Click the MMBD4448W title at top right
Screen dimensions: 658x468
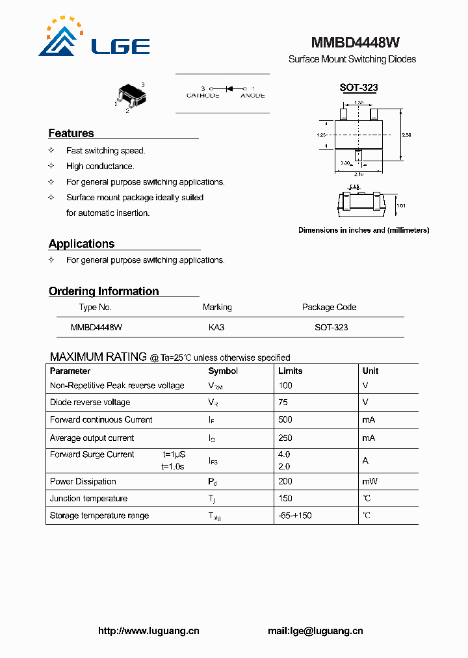(355, 43)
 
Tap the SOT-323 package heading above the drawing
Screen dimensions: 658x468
(359, 88)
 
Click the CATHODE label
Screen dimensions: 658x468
(203, 96)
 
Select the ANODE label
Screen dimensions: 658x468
(252, 96)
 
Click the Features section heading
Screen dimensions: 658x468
(71, 133)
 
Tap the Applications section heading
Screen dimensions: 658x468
(81, 244)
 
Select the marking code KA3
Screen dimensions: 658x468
(216, 328)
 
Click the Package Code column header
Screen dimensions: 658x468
(329, 307)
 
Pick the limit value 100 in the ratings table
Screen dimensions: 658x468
(285, 386)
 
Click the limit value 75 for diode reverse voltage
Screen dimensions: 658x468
(283, 402)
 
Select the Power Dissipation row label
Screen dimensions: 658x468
(83, 482)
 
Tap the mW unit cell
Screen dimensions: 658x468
(370, 482)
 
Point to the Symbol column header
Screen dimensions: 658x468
(223, 371)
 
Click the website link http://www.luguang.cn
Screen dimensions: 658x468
(148, 631)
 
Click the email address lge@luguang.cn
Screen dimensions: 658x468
(315, 631)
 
